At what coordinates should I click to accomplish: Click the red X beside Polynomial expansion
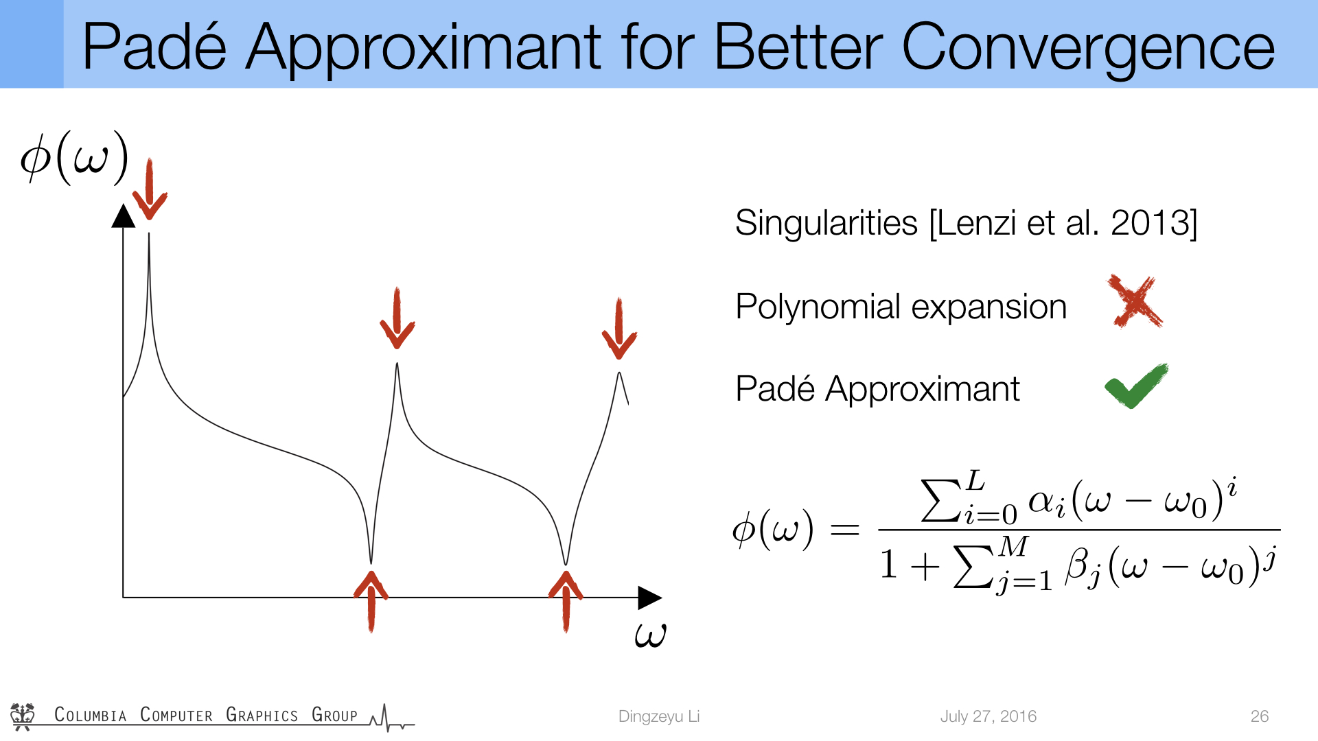click(x=1135, y=302)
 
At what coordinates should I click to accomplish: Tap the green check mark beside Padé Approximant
click(x=1136, y=386)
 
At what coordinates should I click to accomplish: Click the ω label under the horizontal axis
click(x=650, y=635)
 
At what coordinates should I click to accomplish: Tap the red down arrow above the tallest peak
click(x=149, y=189)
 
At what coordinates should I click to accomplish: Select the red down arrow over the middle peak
click(x=397, y=318)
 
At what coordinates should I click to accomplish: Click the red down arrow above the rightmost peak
click(x=619, y=329)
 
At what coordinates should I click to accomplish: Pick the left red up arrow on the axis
click(x=371, y=601)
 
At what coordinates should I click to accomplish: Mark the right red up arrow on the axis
click(x=566, y=601)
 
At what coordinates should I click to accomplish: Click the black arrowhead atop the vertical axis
click(x=123, y=215)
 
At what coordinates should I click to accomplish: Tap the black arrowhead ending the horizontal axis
click(x=650, y=598)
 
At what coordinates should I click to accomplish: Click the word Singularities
click(x=826, y=223)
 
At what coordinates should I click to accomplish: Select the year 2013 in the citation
click(x=1150, y=222)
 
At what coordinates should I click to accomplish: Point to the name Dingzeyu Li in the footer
click(x=659, y=716)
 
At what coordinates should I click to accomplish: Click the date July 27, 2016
click(x=988, y=716)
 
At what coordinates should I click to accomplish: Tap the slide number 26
click(x=1260, y=716)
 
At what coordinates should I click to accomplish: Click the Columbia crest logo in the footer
click(x=23, y=716)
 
